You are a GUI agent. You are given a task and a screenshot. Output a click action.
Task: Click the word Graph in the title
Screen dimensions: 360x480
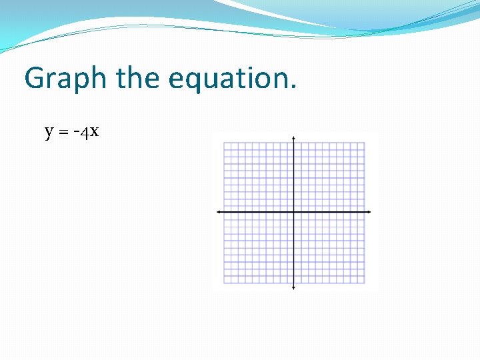pos(65,79)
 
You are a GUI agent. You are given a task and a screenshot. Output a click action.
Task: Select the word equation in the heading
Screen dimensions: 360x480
pos(227,79)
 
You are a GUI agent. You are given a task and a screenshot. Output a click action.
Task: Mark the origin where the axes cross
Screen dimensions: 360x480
pos(294,212)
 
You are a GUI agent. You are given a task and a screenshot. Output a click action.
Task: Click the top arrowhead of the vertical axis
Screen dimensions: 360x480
pos(294,138)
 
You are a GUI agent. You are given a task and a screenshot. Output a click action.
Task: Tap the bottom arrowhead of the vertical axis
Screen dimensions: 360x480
pos(294,287)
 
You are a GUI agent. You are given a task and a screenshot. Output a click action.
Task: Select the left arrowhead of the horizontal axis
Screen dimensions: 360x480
pos(219,212)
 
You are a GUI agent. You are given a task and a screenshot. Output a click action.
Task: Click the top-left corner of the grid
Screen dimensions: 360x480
pos(224,143)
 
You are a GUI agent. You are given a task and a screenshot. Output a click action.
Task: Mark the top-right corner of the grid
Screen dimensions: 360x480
pos(365,143)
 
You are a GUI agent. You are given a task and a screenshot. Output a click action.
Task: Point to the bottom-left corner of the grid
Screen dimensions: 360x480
pos(224,283)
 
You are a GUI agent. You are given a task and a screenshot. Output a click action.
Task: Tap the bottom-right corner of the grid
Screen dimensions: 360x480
pos(365,283)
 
